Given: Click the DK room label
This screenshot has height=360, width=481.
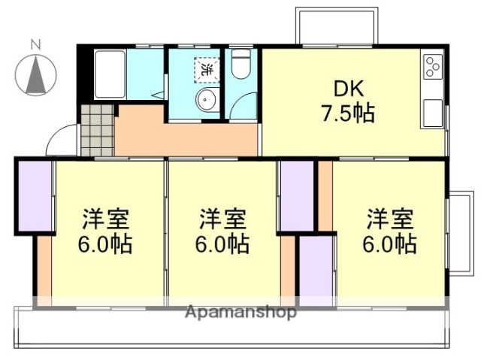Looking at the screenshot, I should click(345, 89).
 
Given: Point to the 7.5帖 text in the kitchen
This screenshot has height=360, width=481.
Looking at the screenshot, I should click(345, 114).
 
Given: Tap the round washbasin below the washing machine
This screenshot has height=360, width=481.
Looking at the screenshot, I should click(204, 99).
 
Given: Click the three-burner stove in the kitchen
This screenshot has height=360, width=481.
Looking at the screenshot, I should click(434, 67).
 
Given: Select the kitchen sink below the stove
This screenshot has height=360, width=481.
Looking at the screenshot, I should click(433, 113).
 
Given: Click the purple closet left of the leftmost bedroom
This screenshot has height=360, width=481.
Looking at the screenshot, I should click(34, 195).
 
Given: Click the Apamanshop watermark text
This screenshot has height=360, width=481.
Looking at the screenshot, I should click(240, 312).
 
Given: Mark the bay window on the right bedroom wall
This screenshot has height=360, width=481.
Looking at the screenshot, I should click(455, 233).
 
